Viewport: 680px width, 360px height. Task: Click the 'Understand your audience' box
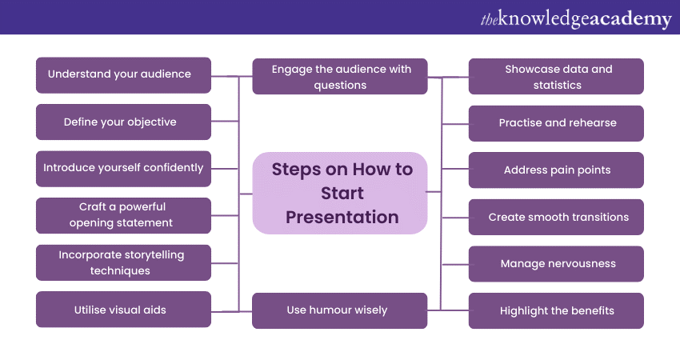(x=124, y=74)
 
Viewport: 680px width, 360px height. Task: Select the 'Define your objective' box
(x=124, y=122)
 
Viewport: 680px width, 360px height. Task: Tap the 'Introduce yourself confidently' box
(x=124, y=169)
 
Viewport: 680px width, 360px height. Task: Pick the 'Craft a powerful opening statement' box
(x=124, y=215)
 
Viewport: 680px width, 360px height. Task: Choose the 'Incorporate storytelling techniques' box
(x=124, y=262)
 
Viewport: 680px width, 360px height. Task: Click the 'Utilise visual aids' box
(x=124, y=310)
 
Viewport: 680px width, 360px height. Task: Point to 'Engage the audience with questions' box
(x=340, y=77)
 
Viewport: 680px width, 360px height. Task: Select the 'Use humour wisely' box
(x=340, y=310)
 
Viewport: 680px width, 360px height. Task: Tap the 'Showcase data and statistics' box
(x=556, y=77)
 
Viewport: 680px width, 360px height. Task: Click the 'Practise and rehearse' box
(x=556, y=123)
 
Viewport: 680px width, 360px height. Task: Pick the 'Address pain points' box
(x=556, y=170)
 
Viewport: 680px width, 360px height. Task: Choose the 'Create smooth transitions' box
(x=556, y=217)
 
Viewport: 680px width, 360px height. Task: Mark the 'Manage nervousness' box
(x=556, y=264)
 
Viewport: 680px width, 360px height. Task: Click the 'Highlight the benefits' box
(x=556, y=310)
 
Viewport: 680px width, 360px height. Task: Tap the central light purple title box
(x=340, y=193)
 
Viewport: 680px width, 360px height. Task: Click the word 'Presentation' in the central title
(x=342, y=217)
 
